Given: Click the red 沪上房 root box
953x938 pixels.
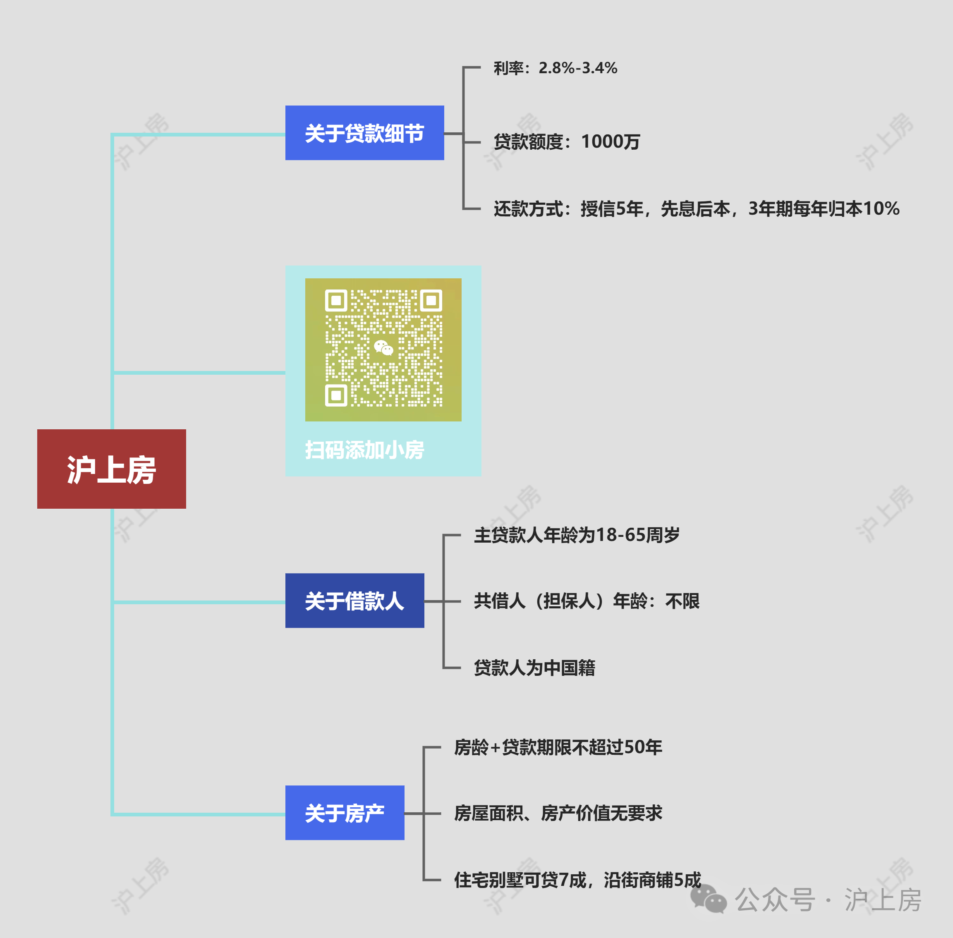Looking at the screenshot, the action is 111,469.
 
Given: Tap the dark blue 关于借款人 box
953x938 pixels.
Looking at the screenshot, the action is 355,601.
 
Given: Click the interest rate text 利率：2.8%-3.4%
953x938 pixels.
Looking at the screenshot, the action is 556,68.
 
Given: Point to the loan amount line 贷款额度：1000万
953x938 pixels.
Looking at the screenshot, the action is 567,142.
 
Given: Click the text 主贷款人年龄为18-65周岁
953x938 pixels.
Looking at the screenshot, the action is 577,534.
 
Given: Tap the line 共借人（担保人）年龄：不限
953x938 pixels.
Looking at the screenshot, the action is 587,601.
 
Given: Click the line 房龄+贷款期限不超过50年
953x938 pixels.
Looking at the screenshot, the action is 558,747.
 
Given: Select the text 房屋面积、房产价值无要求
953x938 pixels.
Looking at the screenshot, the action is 558,813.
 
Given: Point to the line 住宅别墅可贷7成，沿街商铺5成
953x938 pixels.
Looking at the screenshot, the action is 577,880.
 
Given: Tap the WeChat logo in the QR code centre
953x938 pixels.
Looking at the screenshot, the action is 383,348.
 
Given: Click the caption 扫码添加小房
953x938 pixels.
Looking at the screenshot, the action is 365,450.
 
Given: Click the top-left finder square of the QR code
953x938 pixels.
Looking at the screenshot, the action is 336,300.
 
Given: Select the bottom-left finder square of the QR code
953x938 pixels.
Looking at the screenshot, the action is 336,395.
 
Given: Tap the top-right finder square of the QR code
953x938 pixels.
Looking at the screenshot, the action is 431,300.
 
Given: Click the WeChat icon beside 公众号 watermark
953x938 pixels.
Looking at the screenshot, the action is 709,899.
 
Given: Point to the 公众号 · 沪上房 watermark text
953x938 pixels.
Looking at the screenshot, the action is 828,900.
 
